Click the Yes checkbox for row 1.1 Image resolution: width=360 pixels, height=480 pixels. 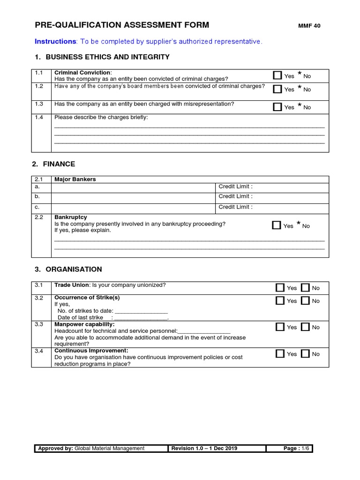(277, 75)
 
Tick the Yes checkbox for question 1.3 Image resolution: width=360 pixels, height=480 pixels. (277, 107)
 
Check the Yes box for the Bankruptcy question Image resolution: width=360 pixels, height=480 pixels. (277, 225)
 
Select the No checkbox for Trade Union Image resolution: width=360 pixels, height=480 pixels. (305, 288)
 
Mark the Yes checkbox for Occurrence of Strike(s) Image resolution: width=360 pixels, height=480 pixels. (280, 301)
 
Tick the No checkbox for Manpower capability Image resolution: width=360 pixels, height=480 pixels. (305, 327)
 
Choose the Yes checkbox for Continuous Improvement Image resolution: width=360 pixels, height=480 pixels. (280, 354)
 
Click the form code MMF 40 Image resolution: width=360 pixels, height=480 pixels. (309, 26)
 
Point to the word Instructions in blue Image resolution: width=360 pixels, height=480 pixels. (55, 42)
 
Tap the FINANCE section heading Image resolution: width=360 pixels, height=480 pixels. (59, 164)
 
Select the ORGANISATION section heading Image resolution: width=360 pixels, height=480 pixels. (72, 270)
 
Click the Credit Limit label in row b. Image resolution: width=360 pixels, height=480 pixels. (235, 197)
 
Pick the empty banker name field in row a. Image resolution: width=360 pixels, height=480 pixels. (133, 187)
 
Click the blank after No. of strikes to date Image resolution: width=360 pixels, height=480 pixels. (141, 311)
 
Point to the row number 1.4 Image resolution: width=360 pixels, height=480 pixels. (39, 117)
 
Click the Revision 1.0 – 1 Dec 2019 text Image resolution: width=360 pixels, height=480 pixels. (204, 449)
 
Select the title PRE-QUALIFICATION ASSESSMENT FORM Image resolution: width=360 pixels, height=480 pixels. (122, 25)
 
